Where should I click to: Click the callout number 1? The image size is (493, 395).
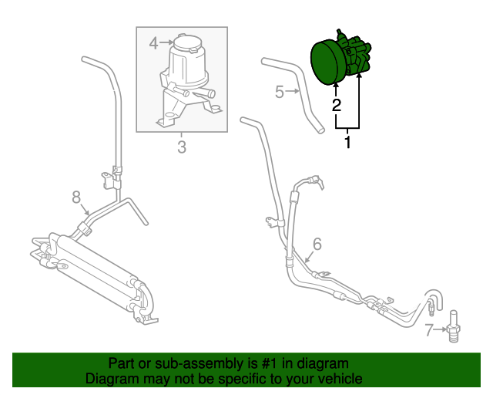(347, 143)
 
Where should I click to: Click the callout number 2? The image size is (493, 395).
(336, 106)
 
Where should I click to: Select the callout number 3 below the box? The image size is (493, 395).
(182, 147)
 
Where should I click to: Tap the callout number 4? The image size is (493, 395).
(153, 42)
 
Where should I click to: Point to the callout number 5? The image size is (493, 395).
(280, 93)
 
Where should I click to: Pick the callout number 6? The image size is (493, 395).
(317, 245)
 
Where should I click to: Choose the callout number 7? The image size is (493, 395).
(429, 332)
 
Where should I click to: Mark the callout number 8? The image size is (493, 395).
(76, 198)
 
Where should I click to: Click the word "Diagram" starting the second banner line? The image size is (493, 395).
(110, 379)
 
